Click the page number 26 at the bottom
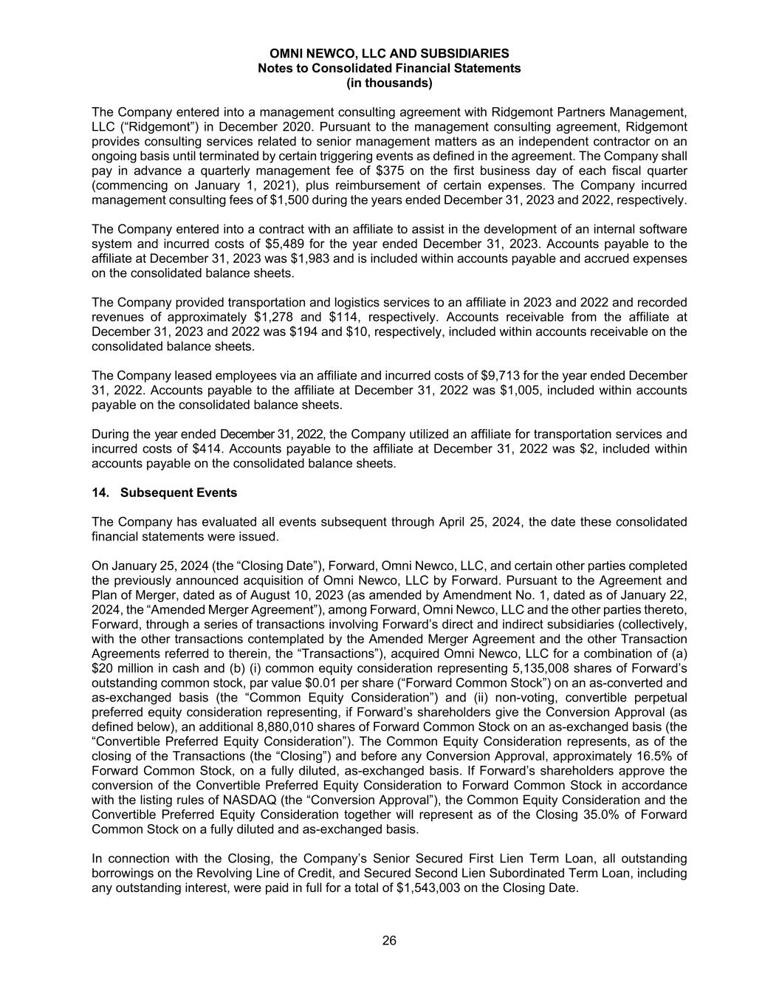click(389, 940)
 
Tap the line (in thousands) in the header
click(389, 83)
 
